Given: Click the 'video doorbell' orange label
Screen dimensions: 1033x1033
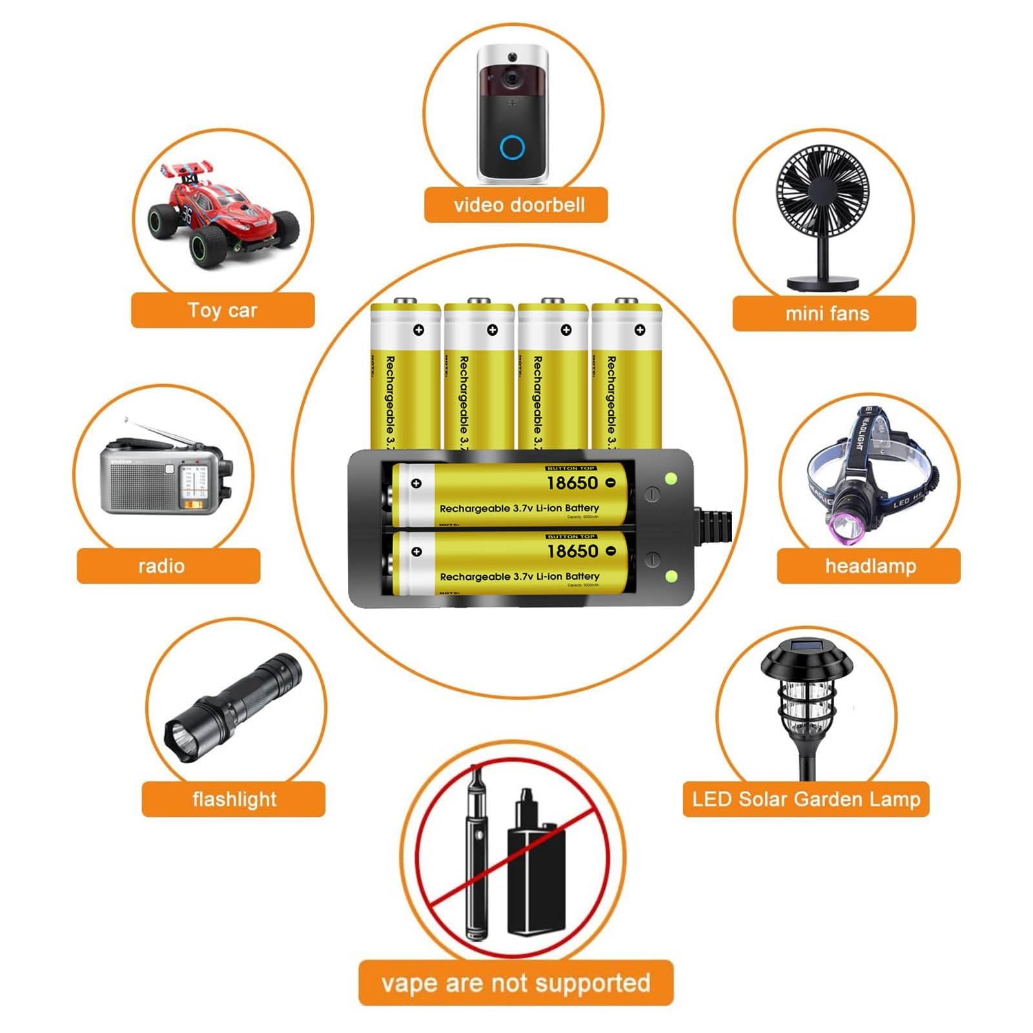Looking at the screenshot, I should click(516, 205).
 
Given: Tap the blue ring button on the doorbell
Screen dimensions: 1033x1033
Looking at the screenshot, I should click(512, 148).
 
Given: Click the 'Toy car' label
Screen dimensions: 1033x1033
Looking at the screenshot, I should click(223, 311).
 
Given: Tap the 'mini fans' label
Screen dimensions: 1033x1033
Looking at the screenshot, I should click(824, 314).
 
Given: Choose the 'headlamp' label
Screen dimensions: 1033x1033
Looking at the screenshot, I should click(869, 566).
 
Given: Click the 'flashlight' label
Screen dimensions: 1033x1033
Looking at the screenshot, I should click(234, 799).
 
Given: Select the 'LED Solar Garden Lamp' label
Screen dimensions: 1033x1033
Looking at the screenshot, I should click(806, 799).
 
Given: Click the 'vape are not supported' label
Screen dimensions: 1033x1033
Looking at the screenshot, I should click(516, 983).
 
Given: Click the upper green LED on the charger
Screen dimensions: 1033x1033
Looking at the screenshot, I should click(671, 478).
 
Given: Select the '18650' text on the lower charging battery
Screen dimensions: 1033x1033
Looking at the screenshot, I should click(573, 551).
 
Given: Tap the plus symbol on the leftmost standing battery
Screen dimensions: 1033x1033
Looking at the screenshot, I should click(418, 330).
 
